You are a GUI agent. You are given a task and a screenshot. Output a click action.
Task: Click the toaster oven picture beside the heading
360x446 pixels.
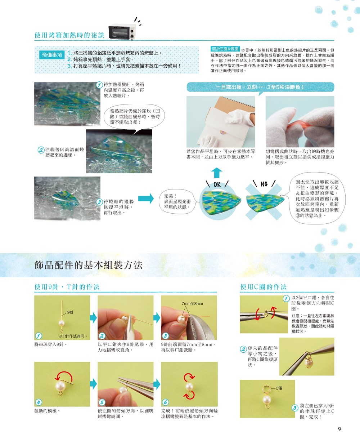click(x=122, y=32)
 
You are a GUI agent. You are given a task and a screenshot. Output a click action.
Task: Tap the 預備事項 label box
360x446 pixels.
click(x=52, y=55)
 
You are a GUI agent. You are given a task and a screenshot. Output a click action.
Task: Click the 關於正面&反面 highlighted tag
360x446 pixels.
click(x=225, y=49)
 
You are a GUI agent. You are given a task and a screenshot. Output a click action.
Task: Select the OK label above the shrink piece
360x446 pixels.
click(x=217, y=184)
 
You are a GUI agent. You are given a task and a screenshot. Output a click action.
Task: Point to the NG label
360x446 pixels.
click(x=264, y=184)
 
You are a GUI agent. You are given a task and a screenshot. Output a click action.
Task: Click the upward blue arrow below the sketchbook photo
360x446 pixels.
click(x=217, y=173)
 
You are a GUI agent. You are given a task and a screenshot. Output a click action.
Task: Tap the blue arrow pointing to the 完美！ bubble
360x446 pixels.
click(x=146, y=198)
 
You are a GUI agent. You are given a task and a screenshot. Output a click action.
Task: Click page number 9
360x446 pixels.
click(x=339, y=429)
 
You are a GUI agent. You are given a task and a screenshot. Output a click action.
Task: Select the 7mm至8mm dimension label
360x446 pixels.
click(x=192, y=303)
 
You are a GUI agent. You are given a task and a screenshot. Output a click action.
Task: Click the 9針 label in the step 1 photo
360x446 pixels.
click(x=70, y=312)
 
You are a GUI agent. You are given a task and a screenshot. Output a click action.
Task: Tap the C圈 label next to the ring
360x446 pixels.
click(x=279, y=388)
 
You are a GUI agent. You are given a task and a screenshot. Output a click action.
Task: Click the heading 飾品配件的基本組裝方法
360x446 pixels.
click(x=89, y=265)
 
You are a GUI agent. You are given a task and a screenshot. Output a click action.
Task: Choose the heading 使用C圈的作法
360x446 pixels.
click(x=263, y=287)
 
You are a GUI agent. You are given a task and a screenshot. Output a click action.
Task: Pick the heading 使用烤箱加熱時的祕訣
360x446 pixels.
click(x=69, y=35)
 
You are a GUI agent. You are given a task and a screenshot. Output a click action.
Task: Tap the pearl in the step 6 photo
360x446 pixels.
click(x=189, y=387)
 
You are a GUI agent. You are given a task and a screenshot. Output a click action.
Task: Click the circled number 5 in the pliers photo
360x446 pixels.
click(x=102, y=402)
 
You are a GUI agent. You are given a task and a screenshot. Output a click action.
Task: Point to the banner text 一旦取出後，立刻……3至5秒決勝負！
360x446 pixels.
click(x=260, y=87)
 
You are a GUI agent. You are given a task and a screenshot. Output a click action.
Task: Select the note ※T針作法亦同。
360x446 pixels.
click(x=73, y=336)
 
